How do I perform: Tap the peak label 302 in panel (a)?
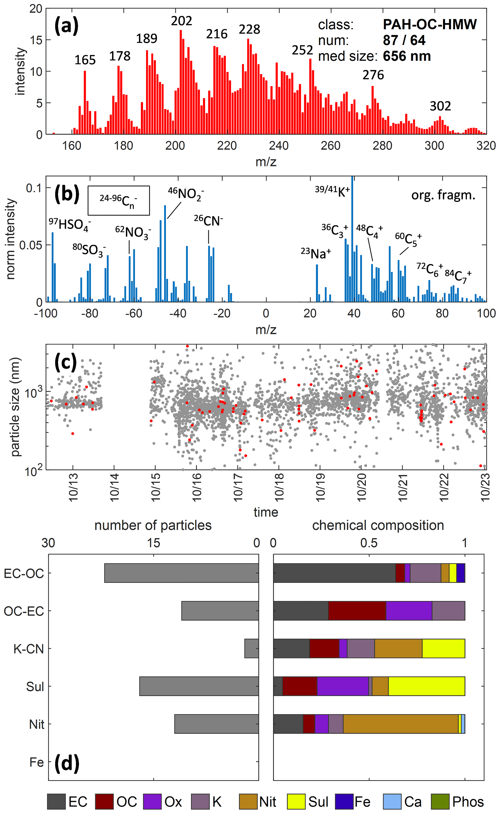(x=440, y=106)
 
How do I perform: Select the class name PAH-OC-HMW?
(x=430, y=24)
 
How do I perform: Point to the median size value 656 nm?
(x=407, y=56)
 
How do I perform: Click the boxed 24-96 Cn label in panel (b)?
(x=118, y=200)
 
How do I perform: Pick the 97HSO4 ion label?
(x=69, y=225)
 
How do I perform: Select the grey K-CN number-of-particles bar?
(x=251, y=648)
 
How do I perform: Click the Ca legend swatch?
(x=392, y=801)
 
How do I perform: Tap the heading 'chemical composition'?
(x=378, y=525)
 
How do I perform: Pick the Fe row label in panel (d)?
(x=36, y=762)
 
